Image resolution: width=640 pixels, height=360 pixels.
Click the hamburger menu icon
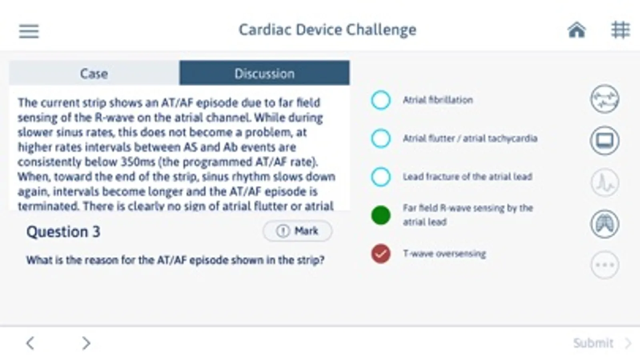click(x=29, y=31)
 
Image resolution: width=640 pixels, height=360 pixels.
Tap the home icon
click(x=577, y=30)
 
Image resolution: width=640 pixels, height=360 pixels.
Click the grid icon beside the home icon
click(x=620, y=30)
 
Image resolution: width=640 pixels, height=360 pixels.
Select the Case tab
click(x=94, y=73)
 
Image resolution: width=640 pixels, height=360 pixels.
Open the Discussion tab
click(x=264, y=73)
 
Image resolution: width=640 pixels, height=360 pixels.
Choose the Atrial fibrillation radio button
click(x=381, y=100)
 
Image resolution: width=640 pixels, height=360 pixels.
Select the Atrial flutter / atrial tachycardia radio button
click(x=381, y=138)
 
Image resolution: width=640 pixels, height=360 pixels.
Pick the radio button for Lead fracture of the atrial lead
click(x=381, y=177)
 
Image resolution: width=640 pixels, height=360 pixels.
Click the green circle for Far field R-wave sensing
click(x=381, y=215)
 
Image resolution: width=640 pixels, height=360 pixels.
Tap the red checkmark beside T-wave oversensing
click(x=381, y=254)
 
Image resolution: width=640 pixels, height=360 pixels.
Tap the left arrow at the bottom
click(x=30, y=343)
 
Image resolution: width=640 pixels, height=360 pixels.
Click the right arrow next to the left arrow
click(x=86, y=343)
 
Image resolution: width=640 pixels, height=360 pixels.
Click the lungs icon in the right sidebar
click(x=604, y=224)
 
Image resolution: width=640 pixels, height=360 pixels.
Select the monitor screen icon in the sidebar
click(x=604, y=140)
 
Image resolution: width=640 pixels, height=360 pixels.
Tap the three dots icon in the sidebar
click(x=604, y=265)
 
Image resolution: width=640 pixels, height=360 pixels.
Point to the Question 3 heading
click(x=63, y=232)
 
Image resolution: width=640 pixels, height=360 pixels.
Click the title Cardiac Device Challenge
click(x=328, y=30)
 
